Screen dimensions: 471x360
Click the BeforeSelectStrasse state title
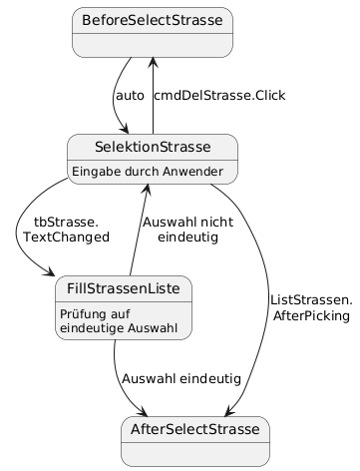(153, 21)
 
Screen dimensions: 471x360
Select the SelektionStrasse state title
(152, 147)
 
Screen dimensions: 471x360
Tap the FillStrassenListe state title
(124, 288)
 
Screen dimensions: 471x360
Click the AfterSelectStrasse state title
(193, 429)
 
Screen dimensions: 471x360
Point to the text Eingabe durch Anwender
(152, 170)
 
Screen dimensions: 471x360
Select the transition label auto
(130, 96)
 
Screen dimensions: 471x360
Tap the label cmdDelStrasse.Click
(219, 96)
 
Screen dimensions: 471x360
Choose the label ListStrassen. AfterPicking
(311, 307)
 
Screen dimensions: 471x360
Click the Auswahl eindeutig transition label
(180, 379)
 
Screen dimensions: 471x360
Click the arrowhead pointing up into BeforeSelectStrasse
(152, 63)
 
